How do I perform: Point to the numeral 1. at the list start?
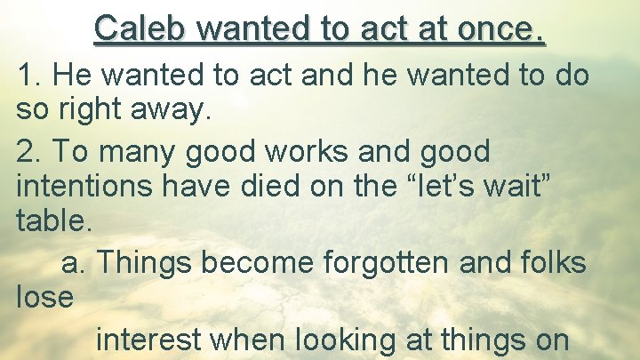(x=29, y=76)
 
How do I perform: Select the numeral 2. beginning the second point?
(x=29, y=152)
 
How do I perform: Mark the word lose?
(x=44, y=297)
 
